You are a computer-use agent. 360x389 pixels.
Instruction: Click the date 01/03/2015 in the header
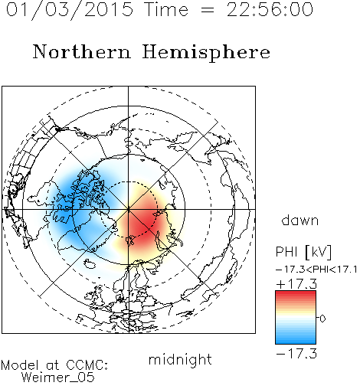coord(70,10)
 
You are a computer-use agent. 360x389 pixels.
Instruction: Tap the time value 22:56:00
coord(270,9)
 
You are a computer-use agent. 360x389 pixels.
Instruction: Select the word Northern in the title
coord(82,52)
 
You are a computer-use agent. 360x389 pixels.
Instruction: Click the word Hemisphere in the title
coord(206,52)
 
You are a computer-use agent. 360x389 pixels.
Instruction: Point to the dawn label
coord(300,220)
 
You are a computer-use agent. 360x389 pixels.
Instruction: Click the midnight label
coord(180,360)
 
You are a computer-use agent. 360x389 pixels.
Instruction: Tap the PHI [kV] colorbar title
coord(303,252)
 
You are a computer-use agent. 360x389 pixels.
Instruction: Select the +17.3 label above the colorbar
coord(296,284)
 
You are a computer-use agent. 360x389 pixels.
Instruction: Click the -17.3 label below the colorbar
coord(296,354)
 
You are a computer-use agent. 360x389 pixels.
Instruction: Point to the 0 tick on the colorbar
coord(322,319)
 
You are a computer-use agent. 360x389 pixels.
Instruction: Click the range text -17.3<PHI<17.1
coord(316,270)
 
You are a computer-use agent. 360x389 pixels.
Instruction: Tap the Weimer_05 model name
coord(58,378)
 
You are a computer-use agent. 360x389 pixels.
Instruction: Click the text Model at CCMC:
coord(54,365)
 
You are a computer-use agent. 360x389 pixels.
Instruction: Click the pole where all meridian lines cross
coord(128,209)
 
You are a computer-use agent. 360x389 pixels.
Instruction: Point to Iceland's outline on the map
coord(90,264)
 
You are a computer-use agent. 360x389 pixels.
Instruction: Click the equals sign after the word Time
coord(208,10)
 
